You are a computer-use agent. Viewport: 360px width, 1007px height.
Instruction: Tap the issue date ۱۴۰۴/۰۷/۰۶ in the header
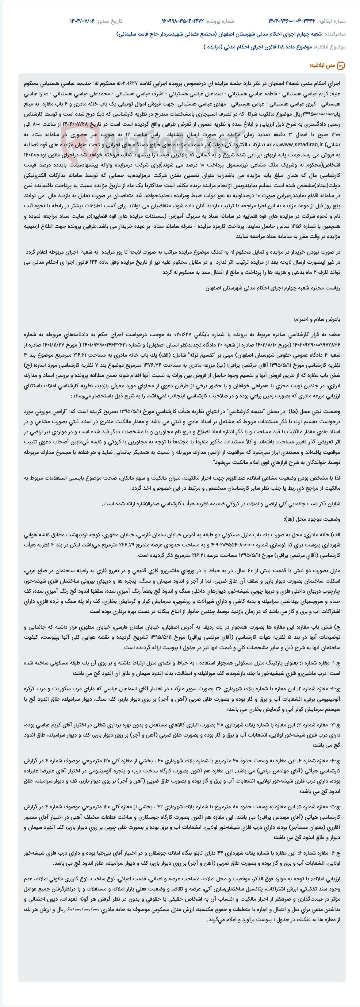tap(82, 21)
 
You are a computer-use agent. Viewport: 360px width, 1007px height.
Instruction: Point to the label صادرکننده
tap(335, 34)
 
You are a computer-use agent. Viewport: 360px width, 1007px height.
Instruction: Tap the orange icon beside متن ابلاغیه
tap(341, 65)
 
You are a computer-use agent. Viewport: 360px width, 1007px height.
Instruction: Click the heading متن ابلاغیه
tap(322, 65)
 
